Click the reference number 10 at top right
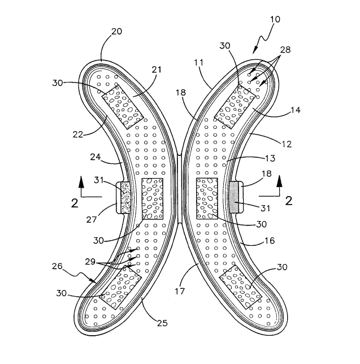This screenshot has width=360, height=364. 275,19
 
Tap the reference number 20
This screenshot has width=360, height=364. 116,31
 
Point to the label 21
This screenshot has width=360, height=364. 156,70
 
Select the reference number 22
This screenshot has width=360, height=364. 78,134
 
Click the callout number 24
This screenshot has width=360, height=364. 95,157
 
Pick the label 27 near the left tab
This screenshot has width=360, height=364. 91,219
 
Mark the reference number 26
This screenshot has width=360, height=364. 57,266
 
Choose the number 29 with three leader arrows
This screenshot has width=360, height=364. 90,262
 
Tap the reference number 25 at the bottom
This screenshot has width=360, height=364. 162,323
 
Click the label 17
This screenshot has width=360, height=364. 180,291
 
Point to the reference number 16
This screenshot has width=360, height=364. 270,241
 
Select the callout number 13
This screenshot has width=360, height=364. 270,158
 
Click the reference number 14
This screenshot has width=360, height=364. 295,110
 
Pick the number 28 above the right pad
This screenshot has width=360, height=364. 285,49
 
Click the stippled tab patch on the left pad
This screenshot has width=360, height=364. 126,198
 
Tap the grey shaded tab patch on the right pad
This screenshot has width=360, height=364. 234,198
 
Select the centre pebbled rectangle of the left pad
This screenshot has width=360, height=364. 152,198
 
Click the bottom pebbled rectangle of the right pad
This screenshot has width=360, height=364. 241,287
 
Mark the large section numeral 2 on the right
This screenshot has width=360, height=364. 289,201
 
